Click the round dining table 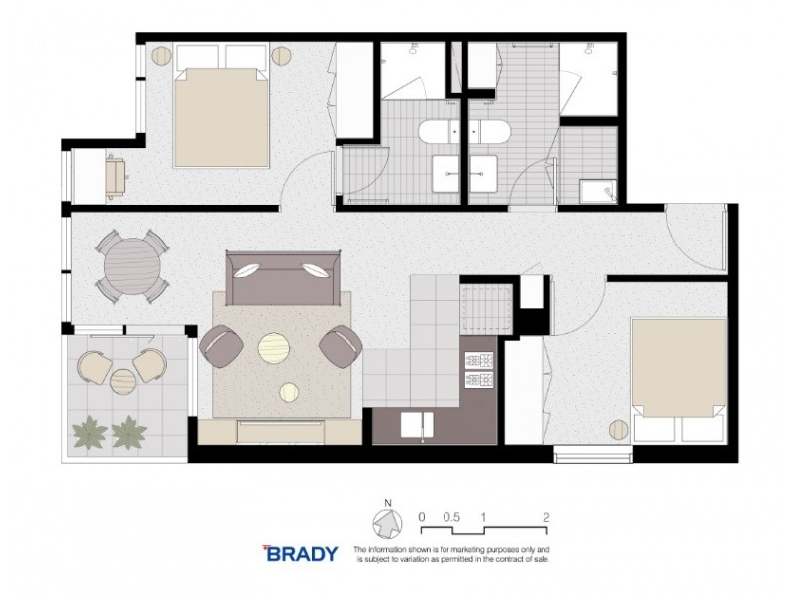(132, 264)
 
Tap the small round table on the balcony (122, 380)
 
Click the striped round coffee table (273, 347)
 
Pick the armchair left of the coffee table (221, 346)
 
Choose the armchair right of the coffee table (340, 346)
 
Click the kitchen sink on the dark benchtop (415, 424)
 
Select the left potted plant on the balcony (87, 431)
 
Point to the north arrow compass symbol (385, 523)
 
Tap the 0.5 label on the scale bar (451, 517)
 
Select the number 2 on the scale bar (546, 517)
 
